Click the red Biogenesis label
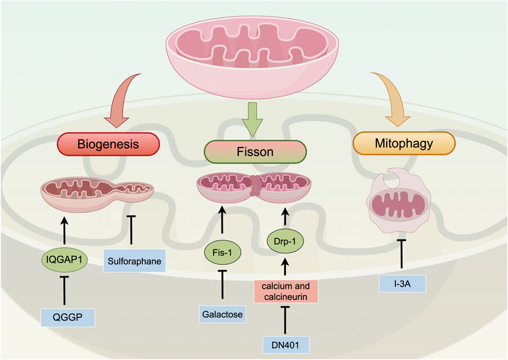click(108, 145)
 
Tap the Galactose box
click(222, 313)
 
